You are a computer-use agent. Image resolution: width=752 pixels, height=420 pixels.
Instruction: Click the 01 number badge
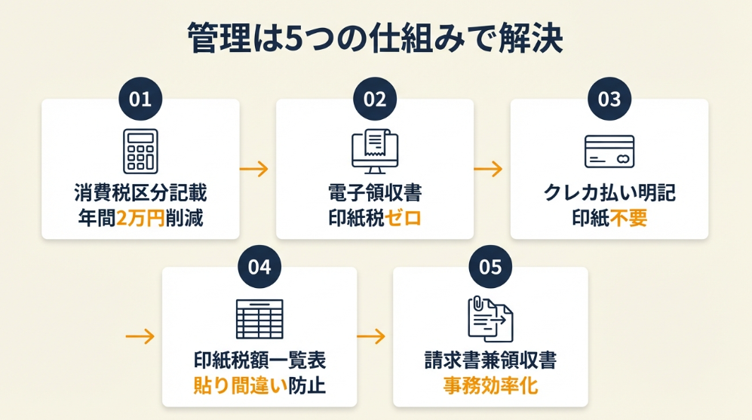140,99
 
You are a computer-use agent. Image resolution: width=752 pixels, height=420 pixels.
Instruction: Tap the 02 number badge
375,99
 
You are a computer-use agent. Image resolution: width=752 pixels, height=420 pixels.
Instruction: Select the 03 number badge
609,99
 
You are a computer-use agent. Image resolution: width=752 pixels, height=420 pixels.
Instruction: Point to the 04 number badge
259,267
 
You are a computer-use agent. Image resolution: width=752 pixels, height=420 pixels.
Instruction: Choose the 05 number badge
490,267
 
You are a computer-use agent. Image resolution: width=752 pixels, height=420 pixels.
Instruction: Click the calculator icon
140,151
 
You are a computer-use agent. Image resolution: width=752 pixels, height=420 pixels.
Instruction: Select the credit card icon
609,151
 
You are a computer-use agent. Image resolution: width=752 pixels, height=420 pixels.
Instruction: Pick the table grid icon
259,319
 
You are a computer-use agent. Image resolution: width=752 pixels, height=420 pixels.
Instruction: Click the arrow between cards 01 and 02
257,169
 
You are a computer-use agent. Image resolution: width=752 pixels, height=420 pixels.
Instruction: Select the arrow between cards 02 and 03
492,169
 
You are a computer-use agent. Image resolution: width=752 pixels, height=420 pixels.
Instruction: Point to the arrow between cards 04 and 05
375,336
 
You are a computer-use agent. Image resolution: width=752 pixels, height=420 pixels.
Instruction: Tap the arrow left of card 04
140,336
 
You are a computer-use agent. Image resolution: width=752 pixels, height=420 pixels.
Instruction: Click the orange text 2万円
141,219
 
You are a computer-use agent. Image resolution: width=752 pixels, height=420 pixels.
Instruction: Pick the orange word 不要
628,219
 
